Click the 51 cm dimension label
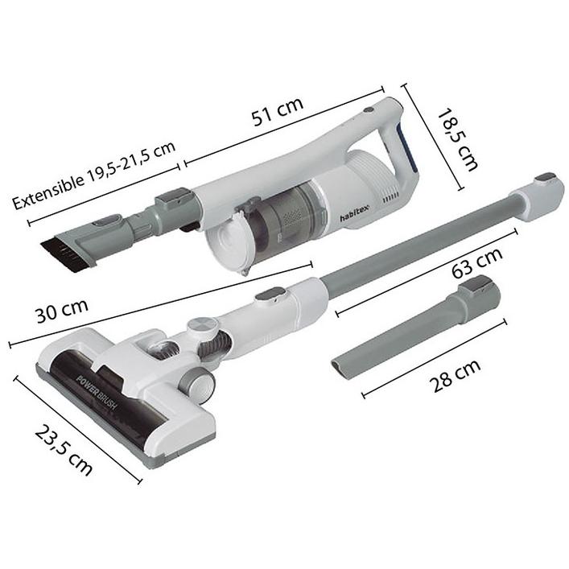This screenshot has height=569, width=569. tap(278, 111)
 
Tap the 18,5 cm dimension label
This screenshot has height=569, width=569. tap(457, 139)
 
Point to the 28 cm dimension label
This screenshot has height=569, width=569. tap(455, 375)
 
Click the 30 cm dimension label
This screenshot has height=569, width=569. tap(62, 311)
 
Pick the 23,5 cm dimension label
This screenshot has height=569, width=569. tap(64, 451)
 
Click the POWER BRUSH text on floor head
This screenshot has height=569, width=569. tap(97, 394)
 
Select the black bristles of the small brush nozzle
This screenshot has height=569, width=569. tap(61, 255)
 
